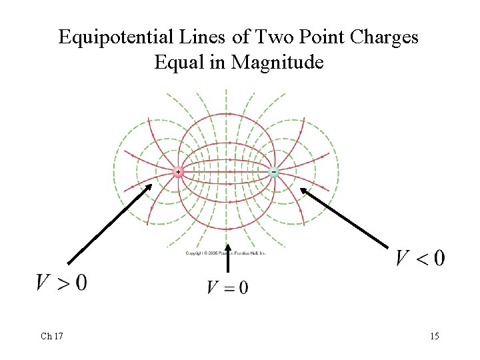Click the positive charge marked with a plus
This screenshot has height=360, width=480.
(178, 173)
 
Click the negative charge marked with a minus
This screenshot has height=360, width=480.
(273, 172)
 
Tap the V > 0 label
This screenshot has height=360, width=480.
(61, 283)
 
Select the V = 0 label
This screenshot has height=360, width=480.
(227, 287)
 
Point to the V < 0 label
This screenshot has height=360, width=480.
(420, 258)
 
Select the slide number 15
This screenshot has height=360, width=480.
(434, 336)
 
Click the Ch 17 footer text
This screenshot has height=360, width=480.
(51, 336)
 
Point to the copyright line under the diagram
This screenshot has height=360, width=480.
(226, 253)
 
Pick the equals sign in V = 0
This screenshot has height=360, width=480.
(227, 288)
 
